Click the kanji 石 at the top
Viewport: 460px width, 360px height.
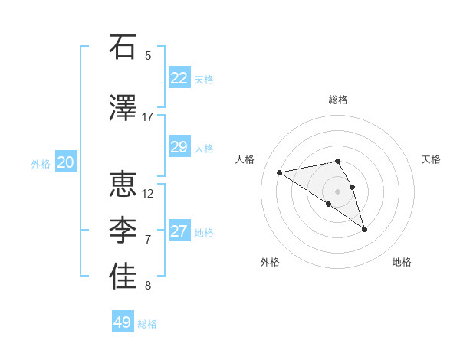(123, 47)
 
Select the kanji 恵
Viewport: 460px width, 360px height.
(123, 185)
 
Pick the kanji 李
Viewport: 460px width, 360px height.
(123, 231)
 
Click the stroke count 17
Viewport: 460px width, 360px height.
(148, 117)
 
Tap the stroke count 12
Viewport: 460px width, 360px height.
(148, 193)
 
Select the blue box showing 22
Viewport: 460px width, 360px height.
(179, 77)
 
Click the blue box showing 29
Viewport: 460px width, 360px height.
(179, 147)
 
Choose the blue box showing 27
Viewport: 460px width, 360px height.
(179, 231)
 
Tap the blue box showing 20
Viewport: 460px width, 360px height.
(66, 162)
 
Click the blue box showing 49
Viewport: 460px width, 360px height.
(123, 322)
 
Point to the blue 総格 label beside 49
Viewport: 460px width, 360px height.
(148, 324)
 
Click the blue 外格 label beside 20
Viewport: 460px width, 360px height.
(41, 163)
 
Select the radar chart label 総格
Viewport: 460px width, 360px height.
(338, 100)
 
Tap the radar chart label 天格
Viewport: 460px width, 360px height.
(432, 159)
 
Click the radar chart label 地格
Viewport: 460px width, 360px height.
(402, 262)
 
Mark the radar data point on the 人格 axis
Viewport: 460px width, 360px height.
(279, 172)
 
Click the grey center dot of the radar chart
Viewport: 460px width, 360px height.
(337, 191)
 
